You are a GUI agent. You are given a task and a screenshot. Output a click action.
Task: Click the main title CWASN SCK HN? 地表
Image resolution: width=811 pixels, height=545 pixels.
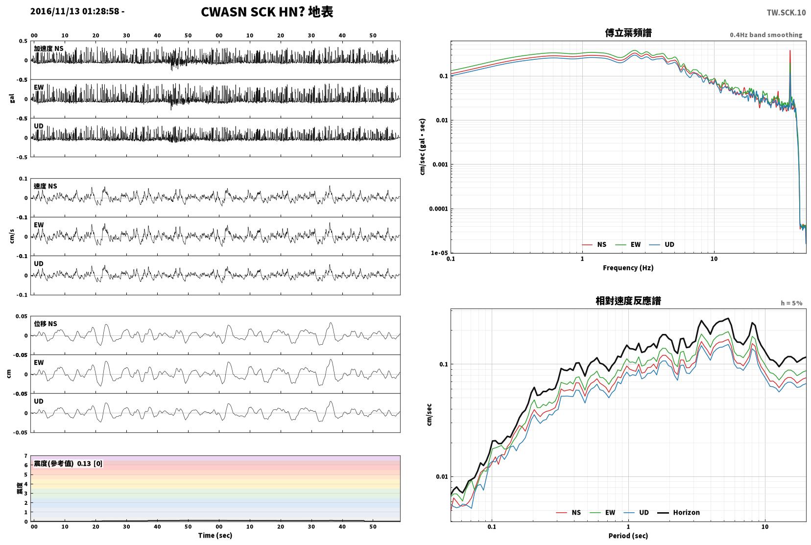point(267,12)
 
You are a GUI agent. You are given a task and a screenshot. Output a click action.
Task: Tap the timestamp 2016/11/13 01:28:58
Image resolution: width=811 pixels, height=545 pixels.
point(74,11)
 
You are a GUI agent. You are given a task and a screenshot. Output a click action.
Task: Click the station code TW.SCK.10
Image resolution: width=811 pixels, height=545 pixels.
point(787,13)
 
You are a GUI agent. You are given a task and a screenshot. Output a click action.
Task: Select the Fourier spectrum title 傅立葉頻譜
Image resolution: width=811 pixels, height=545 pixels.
point(628,33)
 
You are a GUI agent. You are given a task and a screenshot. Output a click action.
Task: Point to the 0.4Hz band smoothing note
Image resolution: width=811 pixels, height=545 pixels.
point(766,35)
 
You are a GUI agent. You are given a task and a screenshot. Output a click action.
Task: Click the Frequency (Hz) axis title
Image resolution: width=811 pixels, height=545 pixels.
point(628,268)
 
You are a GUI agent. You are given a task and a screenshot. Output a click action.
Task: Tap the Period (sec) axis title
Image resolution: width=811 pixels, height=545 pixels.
point(628,536)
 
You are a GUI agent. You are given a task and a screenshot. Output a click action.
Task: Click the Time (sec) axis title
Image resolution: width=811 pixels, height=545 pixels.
point(215,535)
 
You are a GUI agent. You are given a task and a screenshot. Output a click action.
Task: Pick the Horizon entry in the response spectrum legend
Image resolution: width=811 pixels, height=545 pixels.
point(678,512)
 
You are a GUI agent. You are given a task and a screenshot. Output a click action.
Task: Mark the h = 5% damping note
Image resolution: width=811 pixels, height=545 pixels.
point(791,303)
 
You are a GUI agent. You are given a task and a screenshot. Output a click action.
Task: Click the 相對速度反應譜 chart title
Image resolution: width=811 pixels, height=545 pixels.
point(628,301)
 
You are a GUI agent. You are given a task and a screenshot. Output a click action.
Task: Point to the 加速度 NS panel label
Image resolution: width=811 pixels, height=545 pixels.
point(48,48)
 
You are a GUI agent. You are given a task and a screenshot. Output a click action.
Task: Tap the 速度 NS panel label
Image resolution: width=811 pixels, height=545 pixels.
point(45,186)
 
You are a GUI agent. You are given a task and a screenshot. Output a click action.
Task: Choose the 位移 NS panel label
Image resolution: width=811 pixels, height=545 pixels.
point(45,324)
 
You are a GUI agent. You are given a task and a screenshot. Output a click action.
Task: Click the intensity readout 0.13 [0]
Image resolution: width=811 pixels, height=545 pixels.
point(90,464)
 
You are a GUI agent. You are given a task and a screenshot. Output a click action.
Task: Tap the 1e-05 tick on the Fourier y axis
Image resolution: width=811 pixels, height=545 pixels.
point(439,253)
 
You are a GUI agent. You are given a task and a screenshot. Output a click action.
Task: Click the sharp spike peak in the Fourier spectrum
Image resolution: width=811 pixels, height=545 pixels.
point(789,50)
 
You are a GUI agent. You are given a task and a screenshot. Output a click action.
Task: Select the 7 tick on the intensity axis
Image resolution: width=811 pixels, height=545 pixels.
point(25,455)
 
